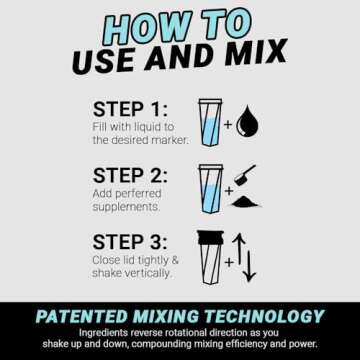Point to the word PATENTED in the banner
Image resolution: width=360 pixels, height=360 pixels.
coord(81,317)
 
